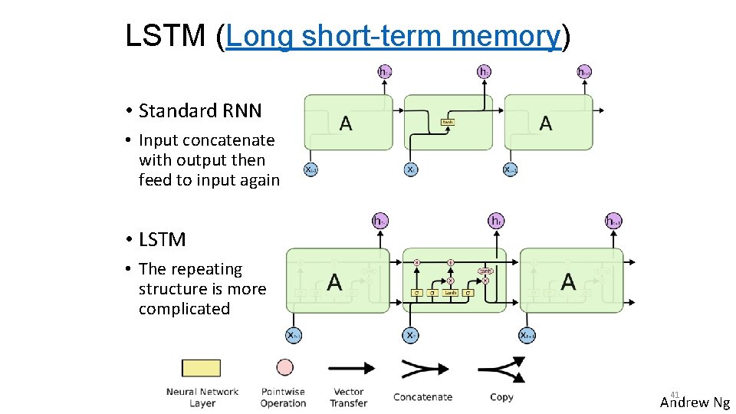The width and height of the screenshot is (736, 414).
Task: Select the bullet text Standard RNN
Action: tap(200, 111)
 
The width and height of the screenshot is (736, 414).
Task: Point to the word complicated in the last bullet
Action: tap(184, 309)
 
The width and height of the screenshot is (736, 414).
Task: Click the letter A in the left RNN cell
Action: tap(346, 123)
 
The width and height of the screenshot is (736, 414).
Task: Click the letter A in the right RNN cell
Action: tap(545, 123)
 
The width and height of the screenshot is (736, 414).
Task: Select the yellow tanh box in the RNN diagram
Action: tap(447, 122)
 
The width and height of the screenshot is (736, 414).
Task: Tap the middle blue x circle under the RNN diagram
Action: tap(411, 169)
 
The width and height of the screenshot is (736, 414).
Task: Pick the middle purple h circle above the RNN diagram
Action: tap(485, 71)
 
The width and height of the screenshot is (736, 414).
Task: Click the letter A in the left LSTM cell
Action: tap(334, 282)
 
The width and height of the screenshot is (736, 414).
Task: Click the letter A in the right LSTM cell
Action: tap(568, 282)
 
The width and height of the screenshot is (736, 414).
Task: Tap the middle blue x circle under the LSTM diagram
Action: tap(411, 335)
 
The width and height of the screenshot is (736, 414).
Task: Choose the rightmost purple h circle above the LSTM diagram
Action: tap(613, 221)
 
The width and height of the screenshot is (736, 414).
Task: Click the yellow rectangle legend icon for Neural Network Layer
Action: tap(201, 368)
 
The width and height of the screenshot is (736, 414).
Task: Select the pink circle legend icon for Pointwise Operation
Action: tap(285, 368)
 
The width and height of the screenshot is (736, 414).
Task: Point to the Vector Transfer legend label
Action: tap(349, 397)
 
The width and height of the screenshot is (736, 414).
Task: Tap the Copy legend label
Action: tap(501, 397)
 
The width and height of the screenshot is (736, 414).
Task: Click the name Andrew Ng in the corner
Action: tap(695, 402)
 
